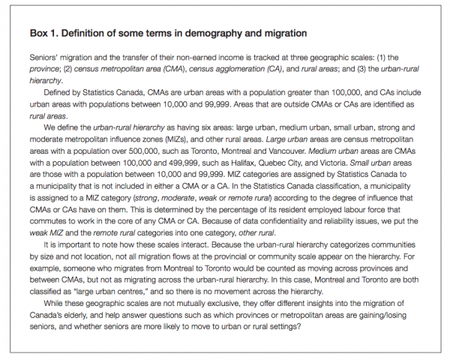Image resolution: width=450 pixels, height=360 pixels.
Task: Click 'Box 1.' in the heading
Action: click(x=46, y=35)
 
